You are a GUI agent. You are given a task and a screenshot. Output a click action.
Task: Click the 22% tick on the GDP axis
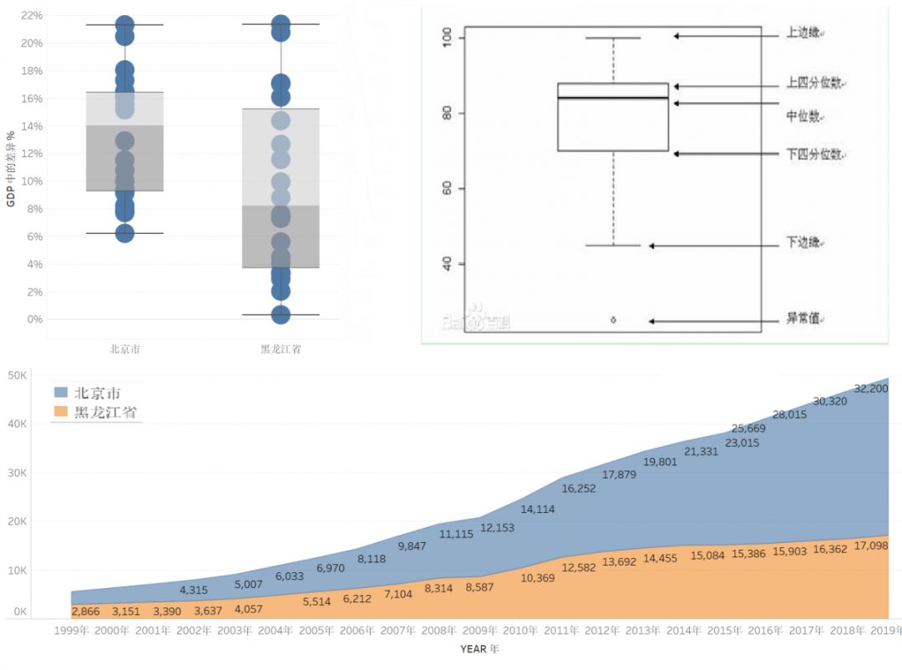[x=32, y=16]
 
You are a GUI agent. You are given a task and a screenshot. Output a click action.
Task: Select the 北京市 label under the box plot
[x=124, y=349]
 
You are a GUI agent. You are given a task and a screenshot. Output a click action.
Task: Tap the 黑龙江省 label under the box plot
[x=281, y=349]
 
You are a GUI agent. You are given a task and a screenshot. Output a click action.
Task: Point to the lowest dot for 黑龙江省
[x=281, y=314]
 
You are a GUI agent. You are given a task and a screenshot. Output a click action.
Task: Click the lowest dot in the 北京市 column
[x=124, y=233]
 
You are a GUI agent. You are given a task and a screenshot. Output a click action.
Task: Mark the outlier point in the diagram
[x=613, y=320]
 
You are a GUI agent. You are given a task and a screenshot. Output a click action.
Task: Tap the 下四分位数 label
[x=815, y=155]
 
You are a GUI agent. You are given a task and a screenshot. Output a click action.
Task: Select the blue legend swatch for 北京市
[x=61, y=392]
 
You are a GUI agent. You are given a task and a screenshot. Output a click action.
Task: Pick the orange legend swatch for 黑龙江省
[x=61, y=411]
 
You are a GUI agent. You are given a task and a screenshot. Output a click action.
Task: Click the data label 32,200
[x=872, y=388]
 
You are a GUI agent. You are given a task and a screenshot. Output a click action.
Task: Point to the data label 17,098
[x=871, y=546]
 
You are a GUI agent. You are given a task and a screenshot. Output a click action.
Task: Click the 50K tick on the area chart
[x=18, y=376]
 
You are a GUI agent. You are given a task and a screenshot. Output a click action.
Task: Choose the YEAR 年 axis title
[x=479, y=648]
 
